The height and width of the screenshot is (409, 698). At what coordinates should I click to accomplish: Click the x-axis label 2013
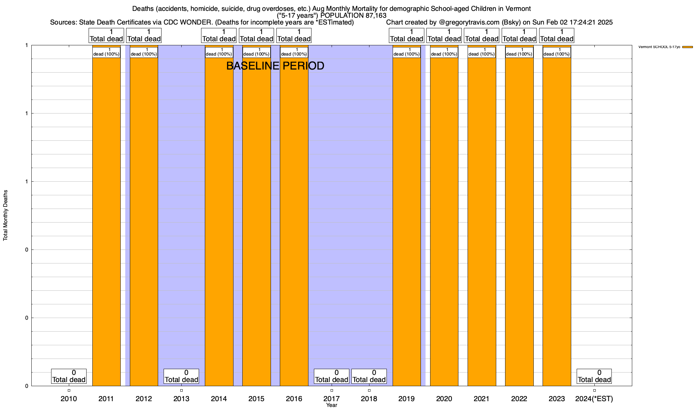point(181,399)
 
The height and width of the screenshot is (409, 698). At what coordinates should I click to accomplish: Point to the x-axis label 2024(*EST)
point(594,399)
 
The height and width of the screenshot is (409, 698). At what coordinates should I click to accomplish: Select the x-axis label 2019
point(407,399)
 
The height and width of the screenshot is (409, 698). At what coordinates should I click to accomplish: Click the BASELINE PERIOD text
point(275,66)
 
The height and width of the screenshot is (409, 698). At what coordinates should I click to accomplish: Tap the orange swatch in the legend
point(687,47)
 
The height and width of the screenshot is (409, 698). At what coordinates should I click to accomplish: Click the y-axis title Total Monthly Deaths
point(5,215)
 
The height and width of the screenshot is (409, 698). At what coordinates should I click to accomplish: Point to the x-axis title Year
point(331,405)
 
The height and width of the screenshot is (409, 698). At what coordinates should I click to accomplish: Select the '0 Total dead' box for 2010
point(69,376)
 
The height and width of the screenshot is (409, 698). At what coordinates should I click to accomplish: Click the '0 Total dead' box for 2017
point(332,376)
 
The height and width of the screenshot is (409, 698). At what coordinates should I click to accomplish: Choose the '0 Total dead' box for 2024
point(594,376)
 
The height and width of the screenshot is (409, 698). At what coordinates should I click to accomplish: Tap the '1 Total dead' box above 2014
point(219,35)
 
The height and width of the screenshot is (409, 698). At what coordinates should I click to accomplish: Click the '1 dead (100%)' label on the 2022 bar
point(519,52)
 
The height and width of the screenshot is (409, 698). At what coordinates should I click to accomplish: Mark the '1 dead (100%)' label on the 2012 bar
point(144,52)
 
